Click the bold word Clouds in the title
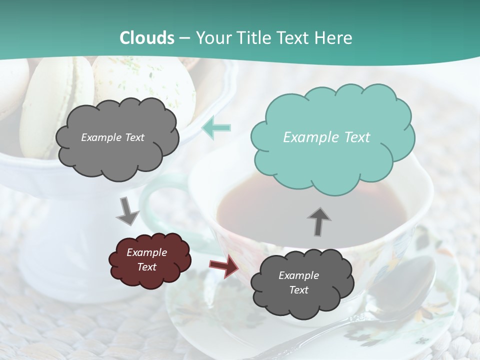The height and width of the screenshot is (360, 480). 147,38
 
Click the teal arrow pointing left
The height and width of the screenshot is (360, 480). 216,128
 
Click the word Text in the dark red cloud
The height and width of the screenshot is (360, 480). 147,267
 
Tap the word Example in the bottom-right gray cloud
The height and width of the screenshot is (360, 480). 298,275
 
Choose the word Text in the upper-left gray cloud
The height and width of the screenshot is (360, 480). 134,137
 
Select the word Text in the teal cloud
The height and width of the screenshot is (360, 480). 354,137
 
